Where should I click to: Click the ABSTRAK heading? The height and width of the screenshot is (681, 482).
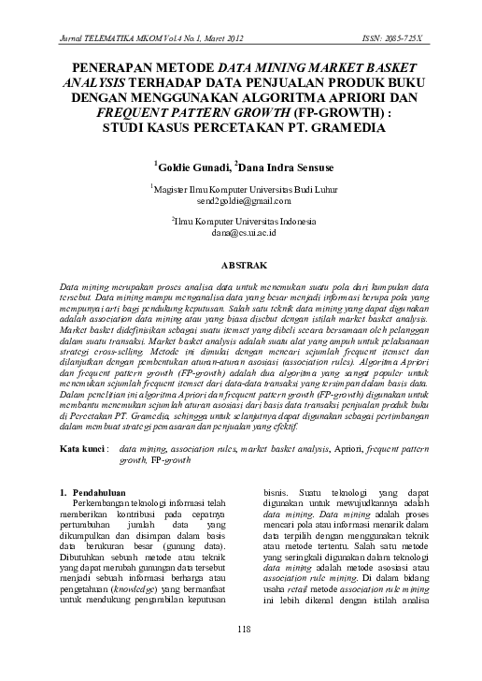242,266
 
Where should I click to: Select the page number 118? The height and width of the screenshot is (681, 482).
242,652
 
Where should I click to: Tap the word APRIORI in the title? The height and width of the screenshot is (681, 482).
360,96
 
